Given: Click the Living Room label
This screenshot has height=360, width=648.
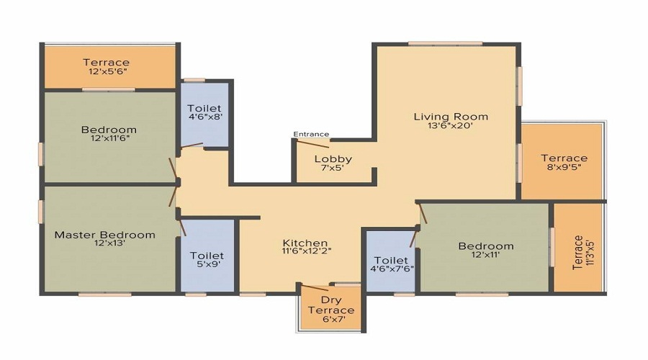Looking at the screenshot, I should pos(450,117).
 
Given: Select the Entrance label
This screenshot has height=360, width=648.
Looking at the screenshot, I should pos(311,134).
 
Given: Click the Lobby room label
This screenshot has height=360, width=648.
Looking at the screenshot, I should pos(333,159).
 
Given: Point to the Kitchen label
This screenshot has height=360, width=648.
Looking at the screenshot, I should pos(305,243).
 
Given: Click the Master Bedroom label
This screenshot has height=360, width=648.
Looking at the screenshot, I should pos(105,235).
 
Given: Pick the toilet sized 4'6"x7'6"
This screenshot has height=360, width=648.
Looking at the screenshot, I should pos(392,265).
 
